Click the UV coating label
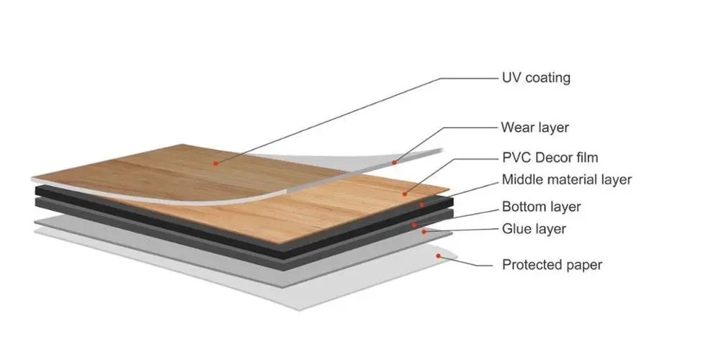coord(536,78)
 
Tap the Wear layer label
coord(534,127)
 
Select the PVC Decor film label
coord(550,158)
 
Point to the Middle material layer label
coord(567,180)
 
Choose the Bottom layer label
coord(541,207)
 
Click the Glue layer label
coord(534,228)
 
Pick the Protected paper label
coord(552,265)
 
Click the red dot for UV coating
coord(215,163)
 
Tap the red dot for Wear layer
coord(393,163)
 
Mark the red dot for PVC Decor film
coord(405,194)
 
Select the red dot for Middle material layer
coord(422,204)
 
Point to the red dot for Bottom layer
coord(414,225)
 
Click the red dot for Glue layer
coord(424,232)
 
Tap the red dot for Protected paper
coord(439,256)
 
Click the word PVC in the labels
coord(516,158)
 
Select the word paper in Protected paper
coord(582,266)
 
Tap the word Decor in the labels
coord(553,158)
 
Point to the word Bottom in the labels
coord(523,207)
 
